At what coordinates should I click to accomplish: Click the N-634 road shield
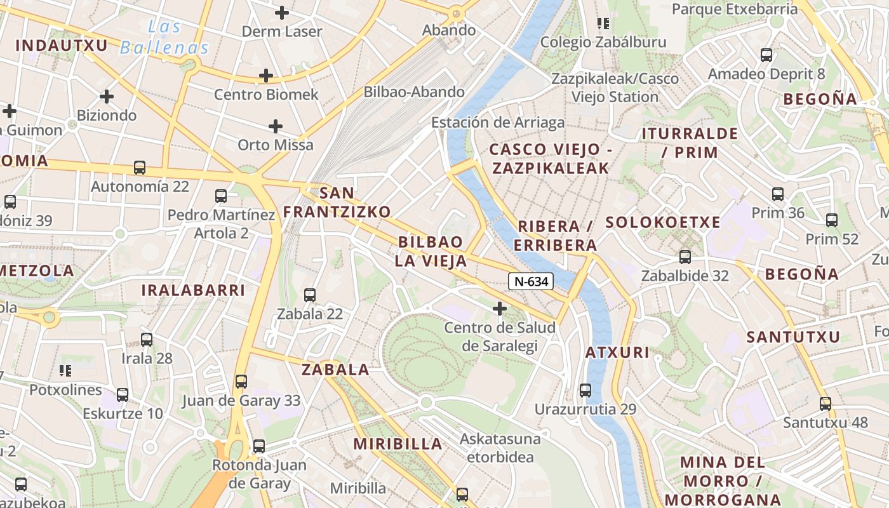[x=531, y=281]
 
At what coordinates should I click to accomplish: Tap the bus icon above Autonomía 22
[x=140, y=168]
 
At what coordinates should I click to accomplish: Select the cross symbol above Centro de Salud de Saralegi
[x=500, y=309]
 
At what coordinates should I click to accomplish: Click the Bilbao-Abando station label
[x=414, y=92]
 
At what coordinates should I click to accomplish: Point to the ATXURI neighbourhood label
[x=617, y=352]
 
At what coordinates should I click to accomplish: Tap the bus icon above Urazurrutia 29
[x=585, y=390]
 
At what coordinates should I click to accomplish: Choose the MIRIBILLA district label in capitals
[x=398, y=444]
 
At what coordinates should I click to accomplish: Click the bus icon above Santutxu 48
[x=825, y=403]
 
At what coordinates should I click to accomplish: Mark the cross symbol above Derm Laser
[x=282, y=12]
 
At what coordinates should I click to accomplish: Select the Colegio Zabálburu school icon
[x=603, y=23]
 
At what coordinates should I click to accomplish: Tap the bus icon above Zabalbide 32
[x=685, y=257]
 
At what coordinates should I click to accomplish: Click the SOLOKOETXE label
[x=663, y=222]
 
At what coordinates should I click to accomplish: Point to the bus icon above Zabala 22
[x=310, y=295]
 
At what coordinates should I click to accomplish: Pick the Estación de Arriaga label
[x=498, y=123]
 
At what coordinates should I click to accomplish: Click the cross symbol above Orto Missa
[x=276, y=126]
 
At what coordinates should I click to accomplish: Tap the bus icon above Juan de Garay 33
[x=241, y=381]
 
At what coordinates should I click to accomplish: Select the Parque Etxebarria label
[x=735, y=9]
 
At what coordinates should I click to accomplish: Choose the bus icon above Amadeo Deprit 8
[x=766, y=55]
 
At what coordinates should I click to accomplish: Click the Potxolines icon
[x=65, y=370]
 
